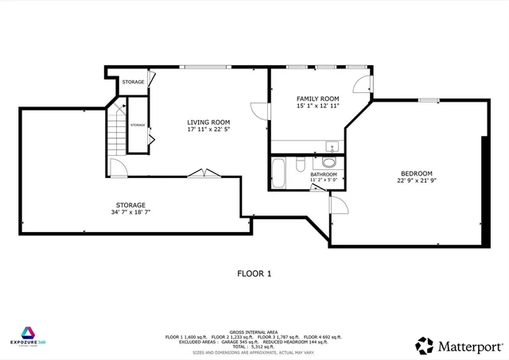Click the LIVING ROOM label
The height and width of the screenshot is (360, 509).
(x=208, y=122)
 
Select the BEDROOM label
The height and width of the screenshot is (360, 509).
(x=416, y=173)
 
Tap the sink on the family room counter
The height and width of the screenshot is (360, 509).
(x=330, y=146)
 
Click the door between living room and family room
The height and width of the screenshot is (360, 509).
(x=258, y=112)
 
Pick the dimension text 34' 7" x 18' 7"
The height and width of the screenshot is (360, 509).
(x=130, y=213)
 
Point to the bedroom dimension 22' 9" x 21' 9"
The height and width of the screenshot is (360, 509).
(x=416, y=181)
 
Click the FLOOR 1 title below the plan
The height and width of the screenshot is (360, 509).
(x=254, y=273)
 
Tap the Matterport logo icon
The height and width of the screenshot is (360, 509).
(x=425, y=346)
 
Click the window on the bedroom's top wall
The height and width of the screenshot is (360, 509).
(x=429, y=100)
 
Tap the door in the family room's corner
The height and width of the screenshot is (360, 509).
(x=363, y=86)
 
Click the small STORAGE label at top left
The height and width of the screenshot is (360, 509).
(x=133, y=82)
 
